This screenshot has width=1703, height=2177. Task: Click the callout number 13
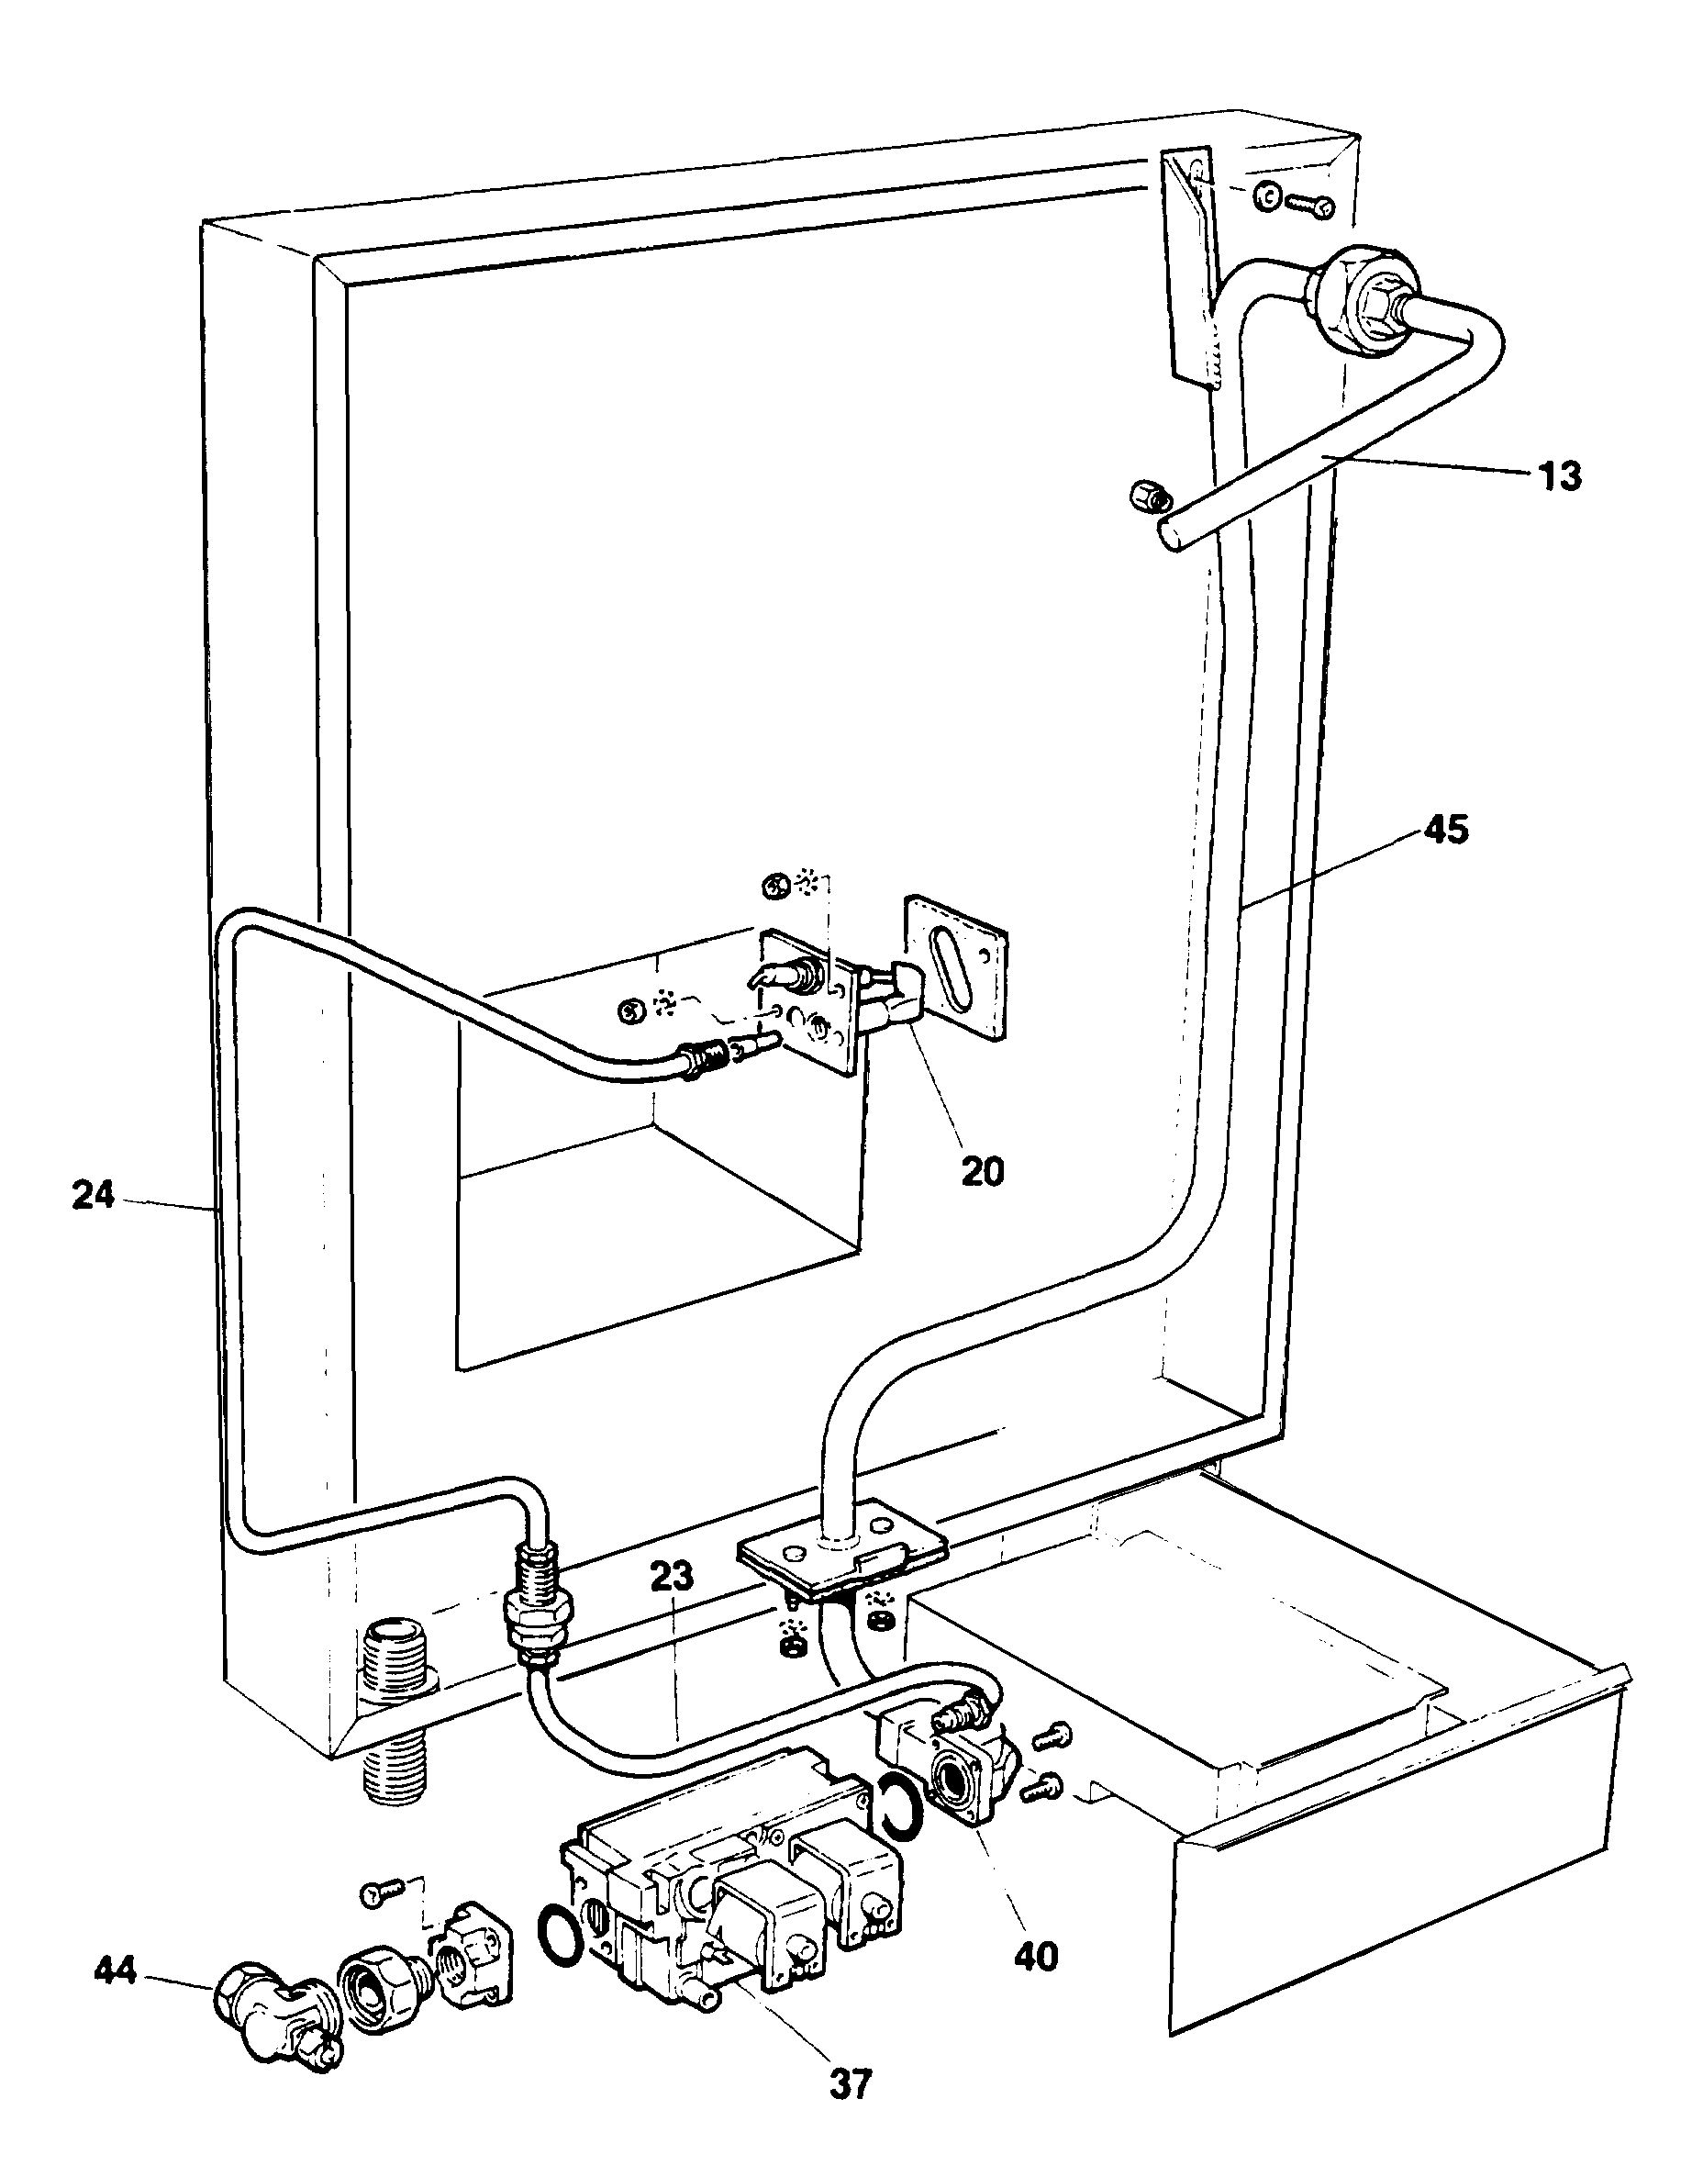pyautogui.click(x=1557, y=476)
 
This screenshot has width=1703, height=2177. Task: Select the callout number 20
pyautogui.click(x=982, y=1172)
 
